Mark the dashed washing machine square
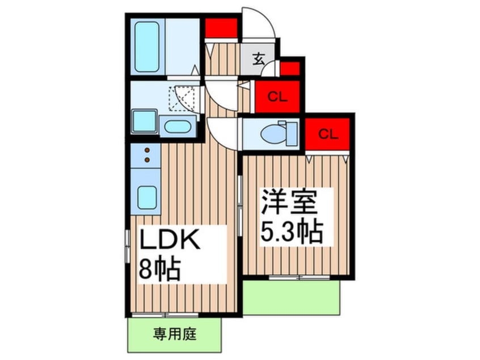click(x=182, y=98)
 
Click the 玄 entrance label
click(x=258, y=58)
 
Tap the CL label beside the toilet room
click(x=329, y=135)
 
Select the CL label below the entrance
click(x=276, y=98)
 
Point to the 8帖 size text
click(x=159, y=270)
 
